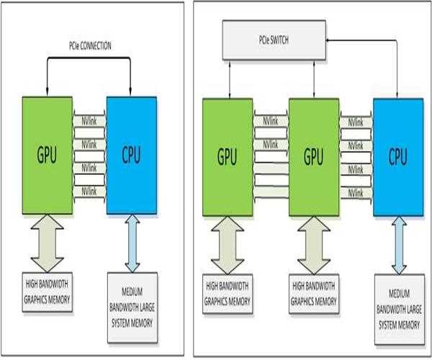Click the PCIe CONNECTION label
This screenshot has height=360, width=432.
tap(90, 46)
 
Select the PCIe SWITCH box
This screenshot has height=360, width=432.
tap(274, 40)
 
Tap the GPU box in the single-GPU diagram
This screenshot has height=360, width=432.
tap(48, 155)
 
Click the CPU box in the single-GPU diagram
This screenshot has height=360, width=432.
tap(132, 155)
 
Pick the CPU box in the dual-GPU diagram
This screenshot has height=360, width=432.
tap(398, 157)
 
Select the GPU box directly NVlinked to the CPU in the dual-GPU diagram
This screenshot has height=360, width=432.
tap(314, 157)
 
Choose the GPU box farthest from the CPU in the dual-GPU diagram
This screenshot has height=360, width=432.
tap(228, 157)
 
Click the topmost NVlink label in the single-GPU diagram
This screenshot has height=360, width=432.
tap(89, 121)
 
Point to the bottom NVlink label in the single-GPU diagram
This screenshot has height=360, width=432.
tap(89, 192)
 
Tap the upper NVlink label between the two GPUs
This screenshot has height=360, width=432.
tap(271, 121)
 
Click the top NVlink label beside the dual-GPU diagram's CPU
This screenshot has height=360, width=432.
tap(356, 122)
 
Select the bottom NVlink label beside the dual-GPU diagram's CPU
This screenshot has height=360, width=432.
tap(356, 193)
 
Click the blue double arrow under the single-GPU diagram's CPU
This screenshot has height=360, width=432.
tap(132, 243)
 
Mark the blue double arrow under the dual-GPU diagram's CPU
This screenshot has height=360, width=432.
tap(399, 246)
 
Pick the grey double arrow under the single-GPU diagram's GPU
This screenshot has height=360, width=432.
tap(48, 243)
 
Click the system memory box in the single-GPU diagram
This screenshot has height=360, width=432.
tap(132, 307)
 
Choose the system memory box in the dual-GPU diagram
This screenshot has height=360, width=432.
tap(400, 310)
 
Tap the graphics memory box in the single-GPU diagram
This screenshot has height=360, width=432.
tap(48, 292)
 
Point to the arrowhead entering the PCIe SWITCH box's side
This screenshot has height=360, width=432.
tap(328, 40)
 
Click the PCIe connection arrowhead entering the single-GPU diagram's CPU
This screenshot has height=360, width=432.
tap(130, 91)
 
